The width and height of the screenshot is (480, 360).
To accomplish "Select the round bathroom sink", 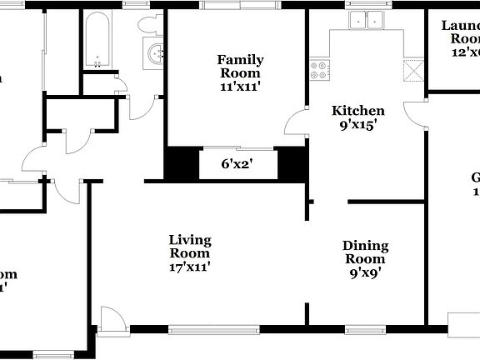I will point(156,54).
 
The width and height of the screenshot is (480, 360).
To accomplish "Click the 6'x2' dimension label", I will point(237,164).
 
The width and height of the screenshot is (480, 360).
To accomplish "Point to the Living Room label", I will point(190,247).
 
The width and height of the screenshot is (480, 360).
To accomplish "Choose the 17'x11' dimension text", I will point(190,267).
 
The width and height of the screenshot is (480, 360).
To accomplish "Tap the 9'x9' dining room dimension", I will point(366,272).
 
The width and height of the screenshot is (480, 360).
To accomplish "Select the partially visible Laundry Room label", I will point(460,32).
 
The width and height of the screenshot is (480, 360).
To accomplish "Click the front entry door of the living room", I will point(112,319).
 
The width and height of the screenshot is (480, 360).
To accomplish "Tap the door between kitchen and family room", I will point(297,123).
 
